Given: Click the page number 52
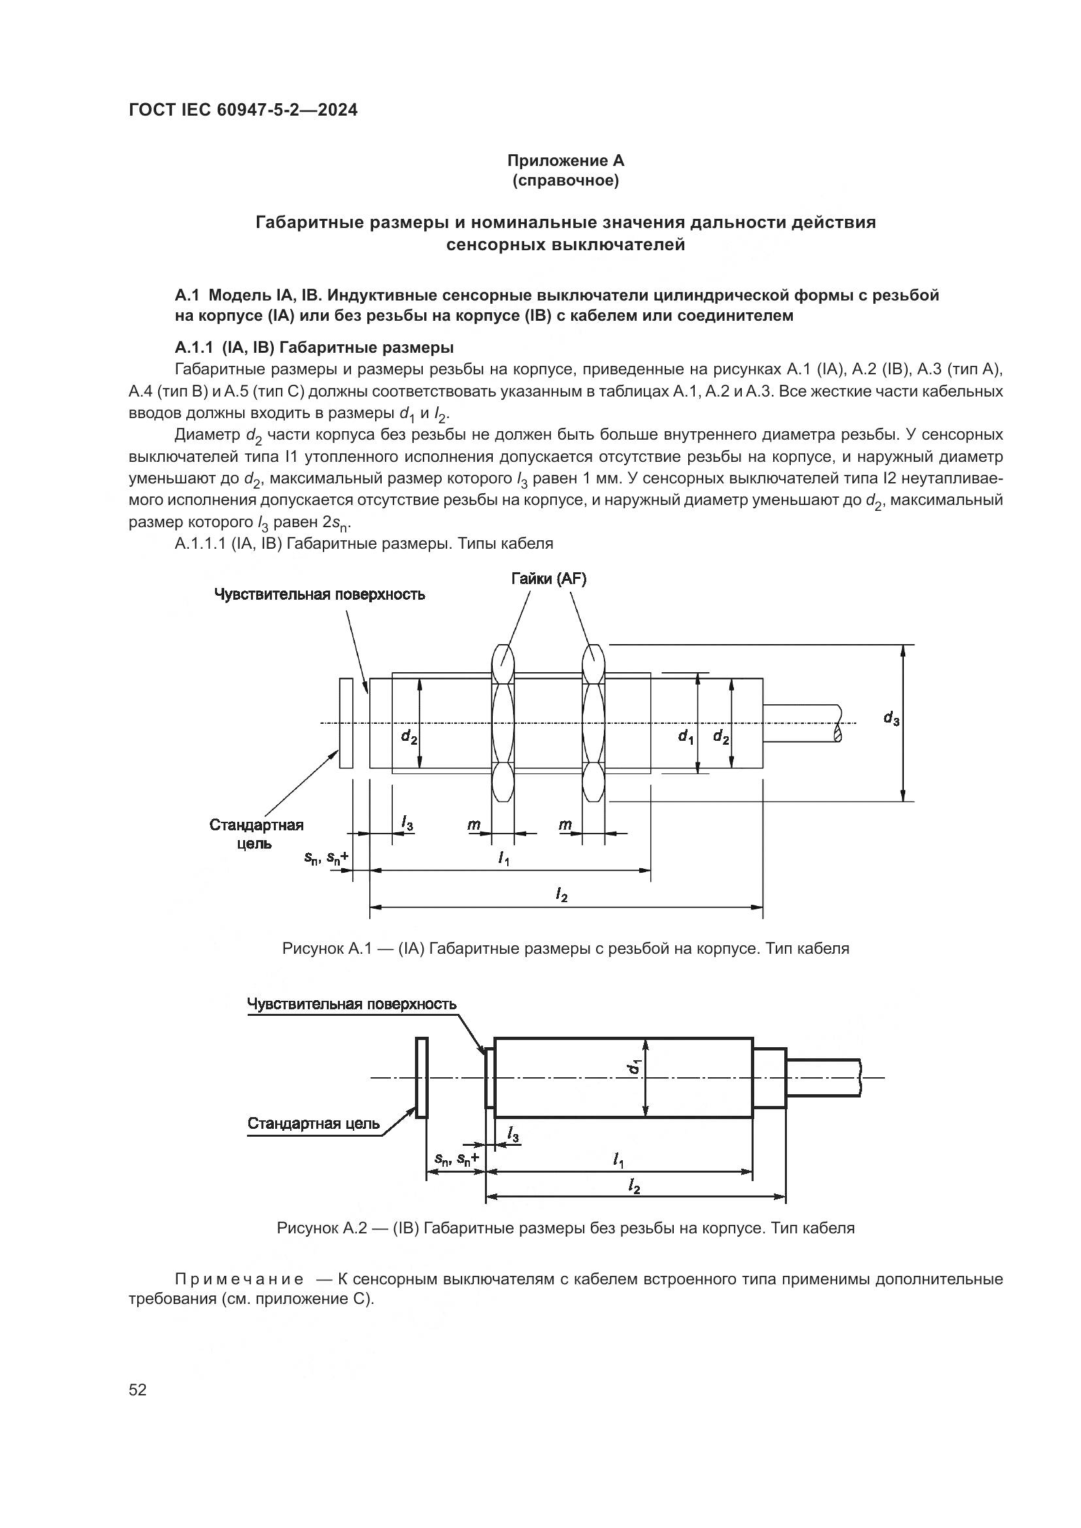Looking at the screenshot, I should coord(137,1390).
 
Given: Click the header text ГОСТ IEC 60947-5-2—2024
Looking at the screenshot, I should coord(243,110).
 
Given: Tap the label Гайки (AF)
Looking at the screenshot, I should coord(548,579).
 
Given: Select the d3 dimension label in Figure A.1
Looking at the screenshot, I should coord(891,718).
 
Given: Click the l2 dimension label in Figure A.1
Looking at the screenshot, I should coord(562,896).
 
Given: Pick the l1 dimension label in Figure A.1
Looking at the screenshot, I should coord(504,858).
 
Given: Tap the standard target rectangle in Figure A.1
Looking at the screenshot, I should coord(346,723).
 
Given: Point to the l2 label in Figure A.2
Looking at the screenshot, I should coord(634,1186).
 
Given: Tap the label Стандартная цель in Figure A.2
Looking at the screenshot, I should coord(314,1124).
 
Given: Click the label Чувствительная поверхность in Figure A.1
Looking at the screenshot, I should coord(320,594).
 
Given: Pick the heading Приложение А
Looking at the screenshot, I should coord(565,161).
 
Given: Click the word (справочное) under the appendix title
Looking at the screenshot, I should coord(565,180).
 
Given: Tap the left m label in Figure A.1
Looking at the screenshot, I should coord(473,825).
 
